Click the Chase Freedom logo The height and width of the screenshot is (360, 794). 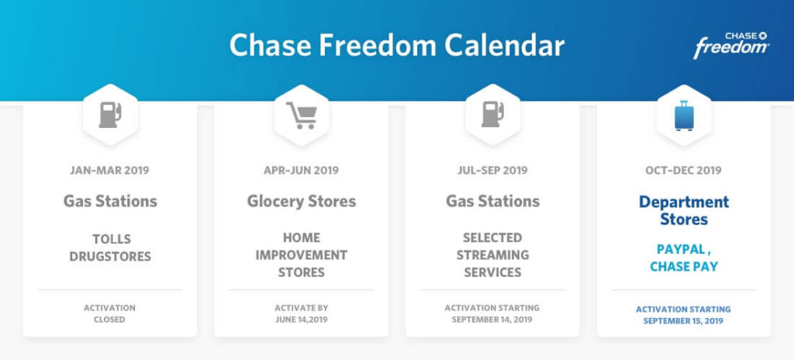[731, 46]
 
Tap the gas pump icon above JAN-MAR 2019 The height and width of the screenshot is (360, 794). [110, 115]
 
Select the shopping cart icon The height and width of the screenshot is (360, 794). [302, 115]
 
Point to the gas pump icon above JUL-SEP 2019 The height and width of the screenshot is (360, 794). [492, 115]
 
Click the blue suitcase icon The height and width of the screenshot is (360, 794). [684, 116]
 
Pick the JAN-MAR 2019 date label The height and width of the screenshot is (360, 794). [110, 171]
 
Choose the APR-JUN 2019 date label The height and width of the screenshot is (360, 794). [302, 171]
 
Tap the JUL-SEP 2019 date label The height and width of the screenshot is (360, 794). [492, 171]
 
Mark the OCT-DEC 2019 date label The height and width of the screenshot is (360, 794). [684, 171]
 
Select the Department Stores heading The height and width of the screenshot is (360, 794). [684, 210]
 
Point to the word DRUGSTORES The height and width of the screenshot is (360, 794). [110, 257]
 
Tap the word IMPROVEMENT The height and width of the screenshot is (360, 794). [302, 255]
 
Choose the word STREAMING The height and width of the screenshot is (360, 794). [492, 255]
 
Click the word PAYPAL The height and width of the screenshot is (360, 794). [681, 250]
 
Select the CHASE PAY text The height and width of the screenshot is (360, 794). [684, 267]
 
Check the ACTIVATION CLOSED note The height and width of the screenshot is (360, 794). [110, 314]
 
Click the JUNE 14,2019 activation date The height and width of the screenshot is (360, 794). [302, 320]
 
